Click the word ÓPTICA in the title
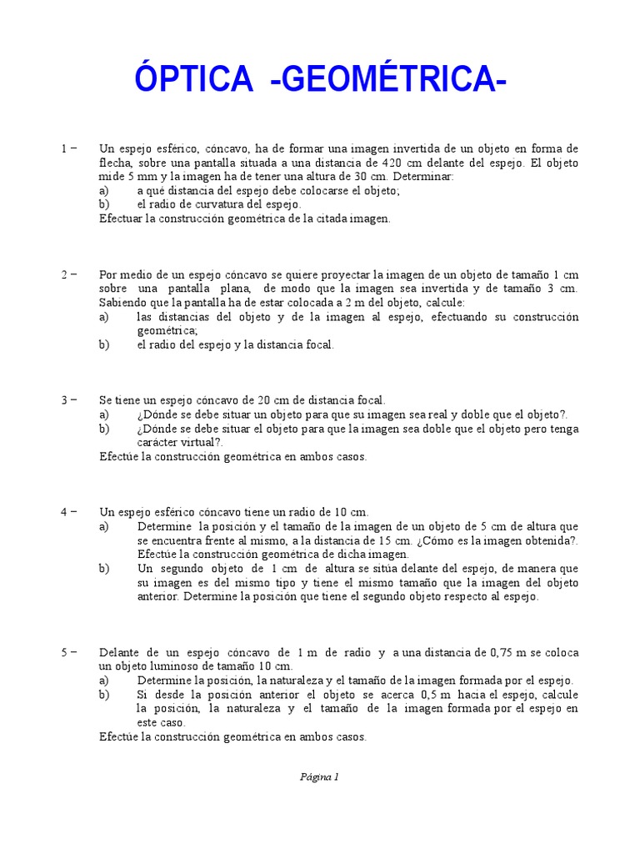pos(192,80)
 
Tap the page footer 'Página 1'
pos(320,776)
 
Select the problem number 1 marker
pos(64,148)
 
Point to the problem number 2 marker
pos(64,274)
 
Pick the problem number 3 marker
pos(64,400)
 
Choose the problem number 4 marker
pos(64,512)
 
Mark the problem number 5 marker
pos(64,652)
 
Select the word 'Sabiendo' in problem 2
pos(122,302)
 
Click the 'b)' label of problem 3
pos(104,429)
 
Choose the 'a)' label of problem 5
pos(104,681)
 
